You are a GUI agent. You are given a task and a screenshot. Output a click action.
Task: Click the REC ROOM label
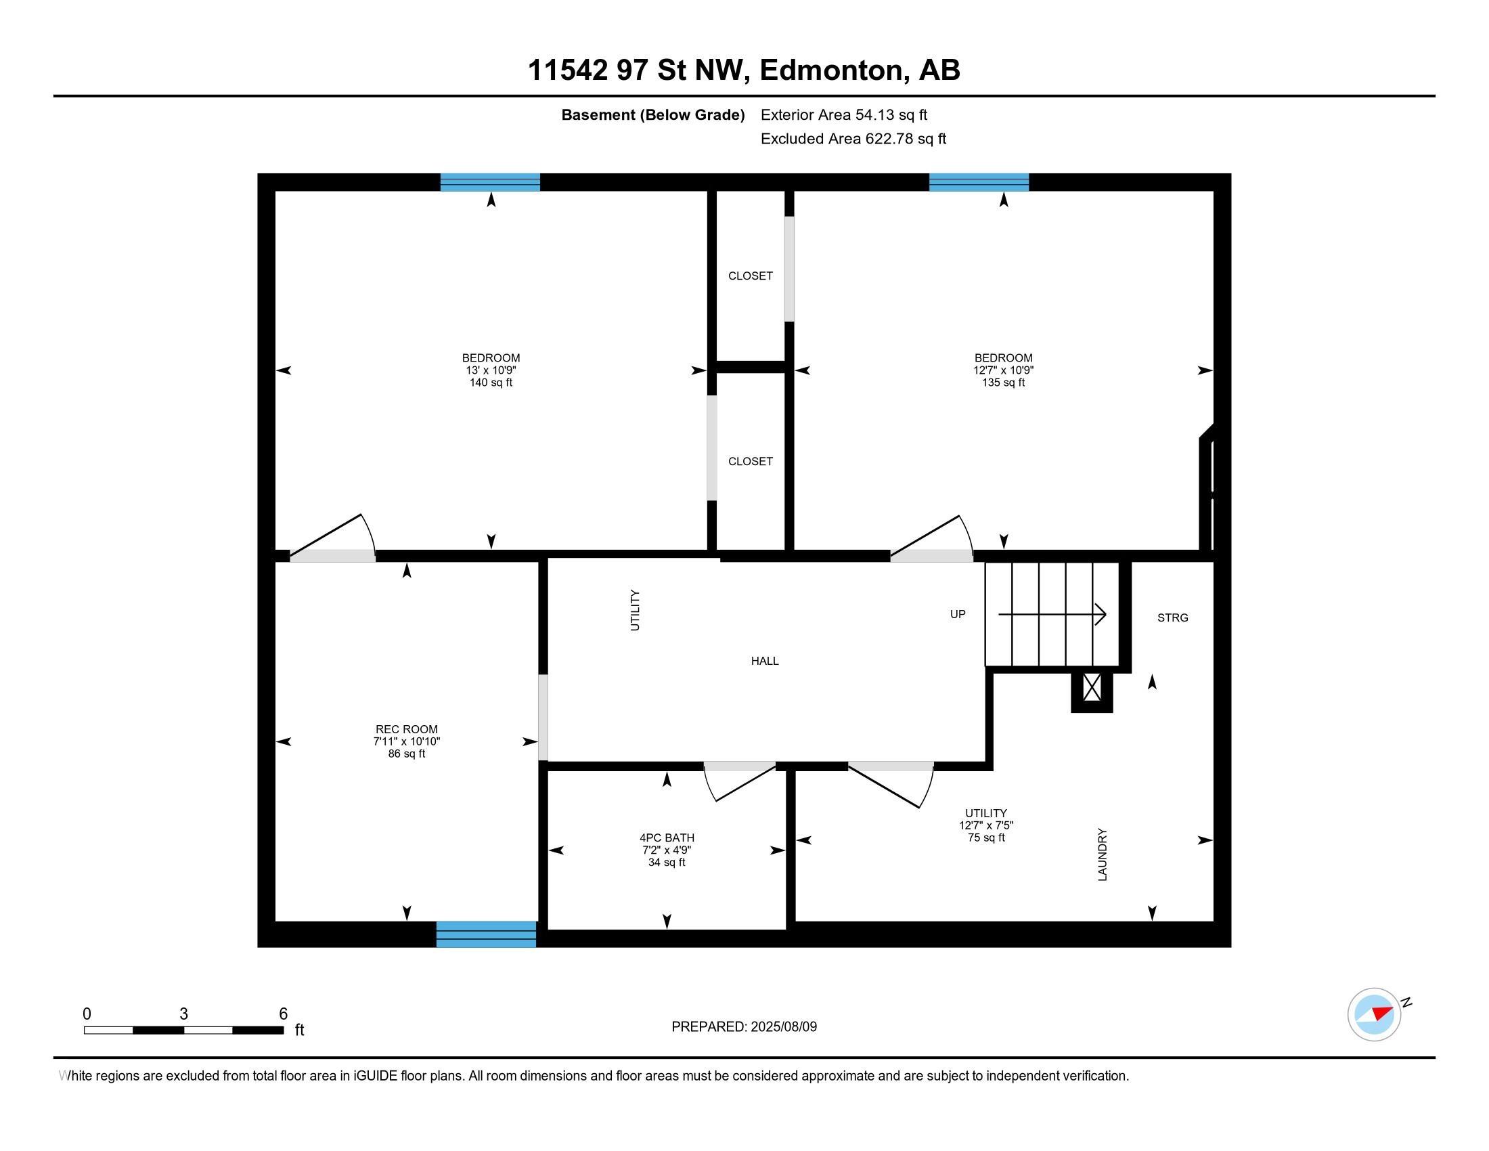pos(406,729)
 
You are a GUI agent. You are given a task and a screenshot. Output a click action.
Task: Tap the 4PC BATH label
pos(667,838)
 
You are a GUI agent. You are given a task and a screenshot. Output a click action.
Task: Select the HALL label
pos(765,661)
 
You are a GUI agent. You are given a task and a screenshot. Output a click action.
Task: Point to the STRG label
pos(1173,617)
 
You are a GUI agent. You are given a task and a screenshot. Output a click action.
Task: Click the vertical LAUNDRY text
pos(1103,854)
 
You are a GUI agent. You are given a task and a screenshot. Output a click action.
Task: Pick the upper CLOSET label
pos(751,276)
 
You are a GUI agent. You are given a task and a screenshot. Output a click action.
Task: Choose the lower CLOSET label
pos(751,461)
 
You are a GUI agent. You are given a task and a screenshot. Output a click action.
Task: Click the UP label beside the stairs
pos(958,614)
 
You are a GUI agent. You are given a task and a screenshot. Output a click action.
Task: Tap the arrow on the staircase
pos(1052,614)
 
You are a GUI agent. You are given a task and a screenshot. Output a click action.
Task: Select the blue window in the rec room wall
pos(486,934)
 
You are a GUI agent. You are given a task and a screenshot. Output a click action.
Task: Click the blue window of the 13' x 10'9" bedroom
pos(490,182)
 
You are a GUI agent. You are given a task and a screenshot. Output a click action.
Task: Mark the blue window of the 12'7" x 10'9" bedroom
pos(979,182)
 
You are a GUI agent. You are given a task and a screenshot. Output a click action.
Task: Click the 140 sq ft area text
pos(491,383)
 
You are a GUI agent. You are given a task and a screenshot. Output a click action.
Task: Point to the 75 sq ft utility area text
pos(987,838)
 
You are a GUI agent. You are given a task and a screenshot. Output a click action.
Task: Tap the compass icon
pos(1375,1014)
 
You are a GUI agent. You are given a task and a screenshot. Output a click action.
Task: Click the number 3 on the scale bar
pos(183,1014)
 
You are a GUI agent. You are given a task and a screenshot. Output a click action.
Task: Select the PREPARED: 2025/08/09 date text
pos(744,1026)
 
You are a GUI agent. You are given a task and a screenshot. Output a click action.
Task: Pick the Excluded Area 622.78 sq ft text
pos(853,139)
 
